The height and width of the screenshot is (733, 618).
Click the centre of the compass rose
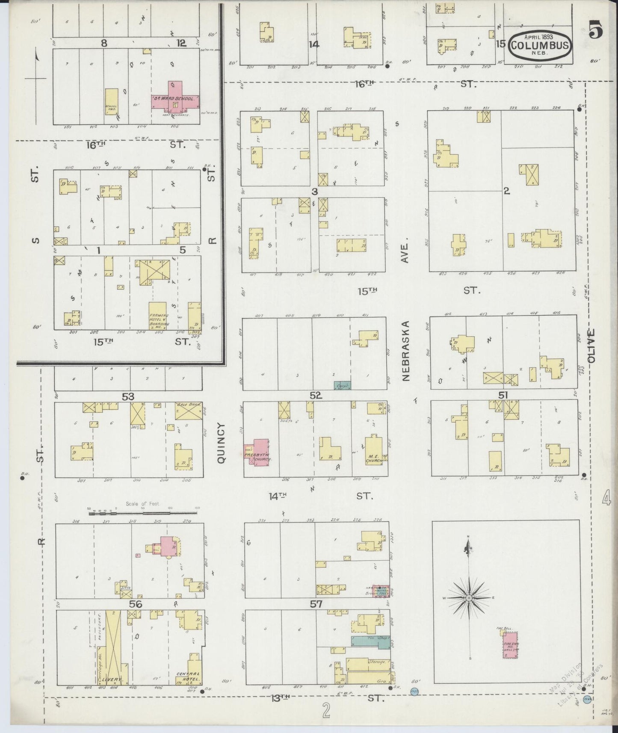click(x=469, y=597)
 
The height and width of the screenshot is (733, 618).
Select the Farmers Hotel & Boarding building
click(x=157, y=317)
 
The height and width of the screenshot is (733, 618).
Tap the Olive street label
click(x=591, y=346)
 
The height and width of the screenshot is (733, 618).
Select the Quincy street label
click(x=221, y=442)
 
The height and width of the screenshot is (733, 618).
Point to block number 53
click(x=128, y=396)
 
